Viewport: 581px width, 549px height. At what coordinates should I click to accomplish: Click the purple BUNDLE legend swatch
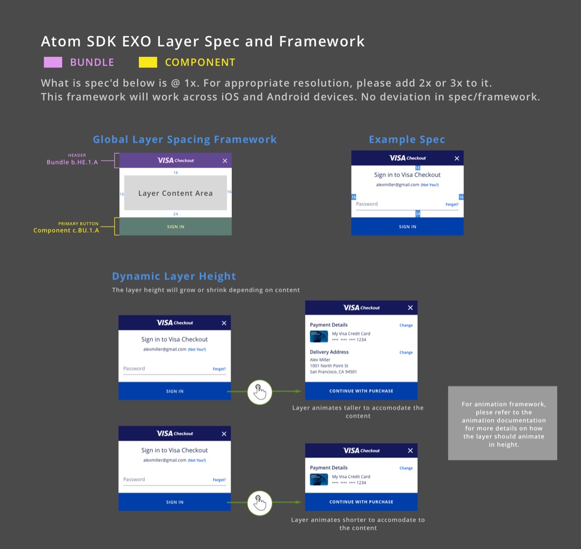53,62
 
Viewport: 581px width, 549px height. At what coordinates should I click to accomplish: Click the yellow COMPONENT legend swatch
148,62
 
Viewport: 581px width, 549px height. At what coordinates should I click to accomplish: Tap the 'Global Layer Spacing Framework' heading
185,140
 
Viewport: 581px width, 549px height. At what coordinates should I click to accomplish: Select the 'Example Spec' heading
407,140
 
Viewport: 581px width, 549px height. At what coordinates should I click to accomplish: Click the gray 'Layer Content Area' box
175,193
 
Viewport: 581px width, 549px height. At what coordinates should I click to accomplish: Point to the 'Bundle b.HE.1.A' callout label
72,162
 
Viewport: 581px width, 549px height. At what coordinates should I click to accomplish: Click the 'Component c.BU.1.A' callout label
66,230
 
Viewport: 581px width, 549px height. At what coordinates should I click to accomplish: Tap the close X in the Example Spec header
457,158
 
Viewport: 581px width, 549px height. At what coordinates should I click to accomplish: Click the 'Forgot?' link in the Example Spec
452,205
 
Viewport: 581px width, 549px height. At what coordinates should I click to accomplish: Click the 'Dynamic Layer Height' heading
174,276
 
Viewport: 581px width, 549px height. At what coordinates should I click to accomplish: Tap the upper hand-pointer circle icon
260,392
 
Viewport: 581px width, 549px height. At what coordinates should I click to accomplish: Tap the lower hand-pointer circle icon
260,502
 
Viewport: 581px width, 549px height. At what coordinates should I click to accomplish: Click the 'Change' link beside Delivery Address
406,352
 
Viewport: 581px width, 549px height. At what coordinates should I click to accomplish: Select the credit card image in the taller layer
319,336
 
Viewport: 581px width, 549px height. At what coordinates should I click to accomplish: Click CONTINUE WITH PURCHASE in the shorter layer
361,502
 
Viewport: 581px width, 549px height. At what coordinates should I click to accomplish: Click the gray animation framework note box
503,423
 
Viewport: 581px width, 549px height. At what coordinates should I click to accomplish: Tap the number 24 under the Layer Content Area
175,214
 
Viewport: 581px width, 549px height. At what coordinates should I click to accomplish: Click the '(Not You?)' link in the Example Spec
430,185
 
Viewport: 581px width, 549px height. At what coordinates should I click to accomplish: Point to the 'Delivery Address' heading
329,352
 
